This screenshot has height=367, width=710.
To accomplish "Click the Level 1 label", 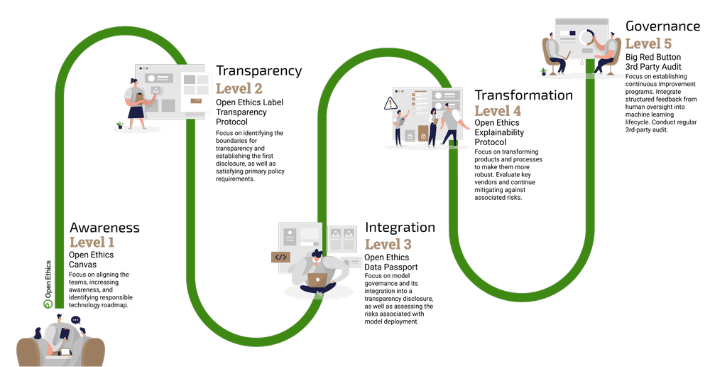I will click(92, 243).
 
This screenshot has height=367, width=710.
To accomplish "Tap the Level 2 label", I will click(239, 89).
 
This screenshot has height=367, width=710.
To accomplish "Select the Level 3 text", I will click(388, 245).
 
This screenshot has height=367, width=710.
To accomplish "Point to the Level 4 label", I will click(498, 112).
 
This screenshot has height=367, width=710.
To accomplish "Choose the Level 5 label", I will click(648, 44).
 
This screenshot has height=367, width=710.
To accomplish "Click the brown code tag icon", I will click(280, 257).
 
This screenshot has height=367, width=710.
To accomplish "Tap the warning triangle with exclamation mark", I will click(390, 104).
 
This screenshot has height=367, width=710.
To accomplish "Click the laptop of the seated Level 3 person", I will click(317, 280).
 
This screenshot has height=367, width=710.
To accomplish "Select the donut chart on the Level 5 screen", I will click(586, 36).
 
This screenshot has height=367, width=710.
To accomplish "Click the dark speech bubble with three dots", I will click(76, 320).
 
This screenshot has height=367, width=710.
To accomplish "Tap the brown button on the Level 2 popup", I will click(196, 101).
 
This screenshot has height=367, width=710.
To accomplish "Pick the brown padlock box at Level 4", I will click(423, 134).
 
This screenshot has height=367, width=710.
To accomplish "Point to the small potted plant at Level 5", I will click(545, 70).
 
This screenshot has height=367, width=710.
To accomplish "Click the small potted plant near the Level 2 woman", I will click(120, 124).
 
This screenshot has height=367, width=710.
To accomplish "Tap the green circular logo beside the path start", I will click(48, 304).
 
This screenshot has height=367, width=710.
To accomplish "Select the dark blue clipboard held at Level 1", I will click(65, 333).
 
